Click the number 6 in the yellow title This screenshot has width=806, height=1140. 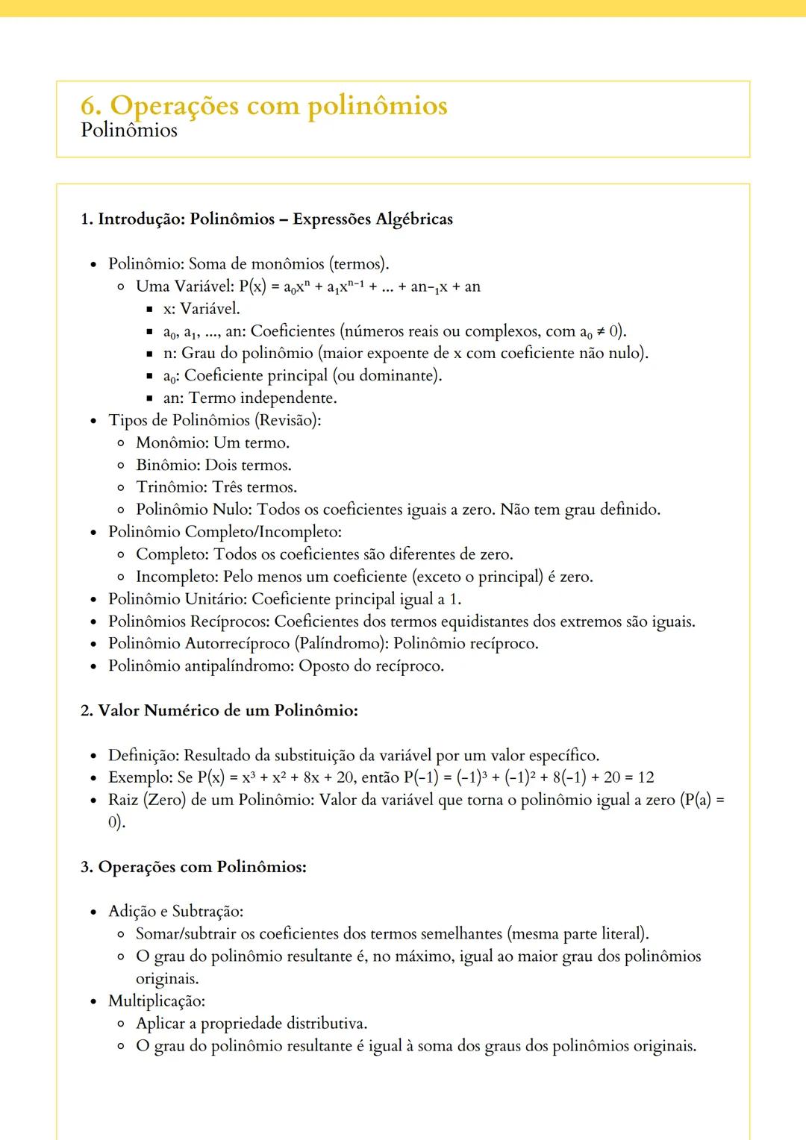[x=89, y=105]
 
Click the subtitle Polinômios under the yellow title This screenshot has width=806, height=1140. [x=129, y=131]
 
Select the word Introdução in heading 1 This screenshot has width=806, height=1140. [x=141, y=219]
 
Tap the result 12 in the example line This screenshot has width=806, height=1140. [x=646, y=777]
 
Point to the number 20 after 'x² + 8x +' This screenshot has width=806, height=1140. [x=338, y=777]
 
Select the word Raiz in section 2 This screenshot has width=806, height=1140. [x=123, y=800]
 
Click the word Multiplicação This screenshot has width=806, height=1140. [x=155, y=1001]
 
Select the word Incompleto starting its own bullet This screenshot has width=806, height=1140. [x=175, y=577]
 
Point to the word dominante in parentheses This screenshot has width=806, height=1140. [x=399, y=376]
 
